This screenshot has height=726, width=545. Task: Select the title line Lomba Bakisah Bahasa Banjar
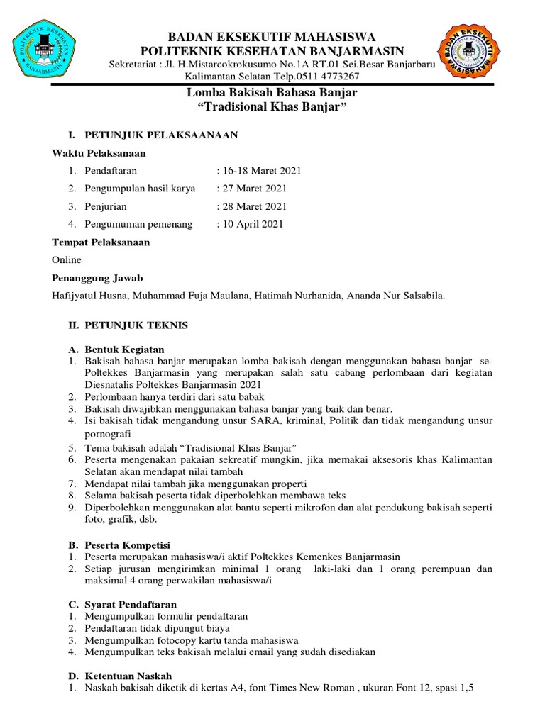coord(272,93)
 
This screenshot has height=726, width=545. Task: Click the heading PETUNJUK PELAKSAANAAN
coord(161,134)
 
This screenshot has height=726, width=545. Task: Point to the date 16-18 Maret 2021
coord(260,171)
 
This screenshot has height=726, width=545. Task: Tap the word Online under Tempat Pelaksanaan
coord(67,260)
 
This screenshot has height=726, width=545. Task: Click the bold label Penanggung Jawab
coord(97,278)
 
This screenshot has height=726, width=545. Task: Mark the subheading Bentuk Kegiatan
coord(125,350)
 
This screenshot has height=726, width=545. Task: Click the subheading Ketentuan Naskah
coord(128,676)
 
